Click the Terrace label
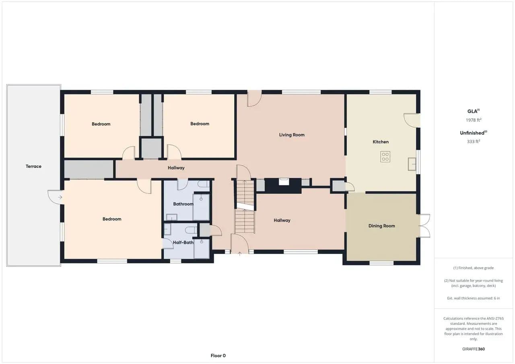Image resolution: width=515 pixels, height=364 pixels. coord(33,166)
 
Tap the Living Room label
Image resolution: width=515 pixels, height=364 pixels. coord(292,135)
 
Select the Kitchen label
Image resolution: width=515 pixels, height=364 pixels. coord(381,142)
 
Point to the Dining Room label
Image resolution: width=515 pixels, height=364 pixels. coord(382,226)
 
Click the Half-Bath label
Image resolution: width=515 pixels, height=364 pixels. coord(183,243)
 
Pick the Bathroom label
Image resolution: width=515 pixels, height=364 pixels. coord(183,204)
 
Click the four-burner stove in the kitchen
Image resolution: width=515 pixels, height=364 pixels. coord(385,157)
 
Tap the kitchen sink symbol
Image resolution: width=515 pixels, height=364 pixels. coord(412,164)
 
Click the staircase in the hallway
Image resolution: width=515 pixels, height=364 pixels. coord(245,207)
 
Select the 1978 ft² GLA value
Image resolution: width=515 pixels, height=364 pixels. coord(474,120)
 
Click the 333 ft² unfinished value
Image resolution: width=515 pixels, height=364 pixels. coord(474,142)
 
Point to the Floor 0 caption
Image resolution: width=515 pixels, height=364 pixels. coord(218,356)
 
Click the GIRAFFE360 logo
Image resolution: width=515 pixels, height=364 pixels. coord(474,349)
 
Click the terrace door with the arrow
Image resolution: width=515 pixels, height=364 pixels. coord(55,197)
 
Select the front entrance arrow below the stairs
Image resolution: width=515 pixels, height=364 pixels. coord(239,254)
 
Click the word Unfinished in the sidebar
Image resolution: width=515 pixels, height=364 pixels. coord(472,133)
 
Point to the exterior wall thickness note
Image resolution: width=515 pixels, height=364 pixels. coord(474,298)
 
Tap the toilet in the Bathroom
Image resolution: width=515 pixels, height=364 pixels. coord(204,184)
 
